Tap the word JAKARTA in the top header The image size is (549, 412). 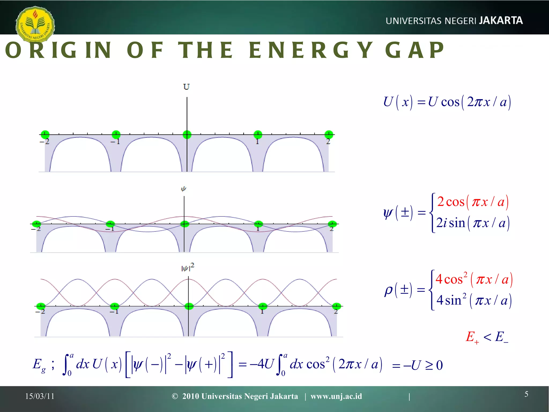click(x=501, y=21)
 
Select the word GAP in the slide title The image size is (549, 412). click(x=414, y=50)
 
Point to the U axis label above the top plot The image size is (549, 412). click(x=186, y=87)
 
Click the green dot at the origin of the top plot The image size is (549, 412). click(x=187, y=134)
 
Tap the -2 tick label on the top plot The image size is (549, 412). click(x=45, y=141)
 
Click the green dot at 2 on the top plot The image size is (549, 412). click(x=329, y=134)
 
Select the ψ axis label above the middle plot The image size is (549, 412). click(x=183, y=189)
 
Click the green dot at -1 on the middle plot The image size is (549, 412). click(x=110, y=224)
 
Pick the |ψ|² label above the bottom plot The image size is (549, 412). click(x=188, y=267)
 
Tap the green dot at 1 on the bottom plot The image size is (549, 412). click(x=263, y=306)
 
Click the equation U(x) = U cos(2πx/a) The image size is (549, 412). click(x=447, y=102)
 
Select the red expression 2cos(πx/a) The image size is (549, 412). click(x=473, y=202)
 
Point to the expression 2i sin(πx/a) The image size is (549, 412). click(x=473, y=223)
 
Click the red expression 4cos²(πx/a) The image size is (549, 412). click(x=474, y=279)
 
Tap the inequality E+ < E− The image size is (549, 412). click(x=487, y=337)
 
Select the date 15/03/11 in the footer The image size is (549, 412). click(x=40, y=396)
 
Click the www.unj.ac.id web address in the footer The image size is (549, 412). click(x=336, y=396)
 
